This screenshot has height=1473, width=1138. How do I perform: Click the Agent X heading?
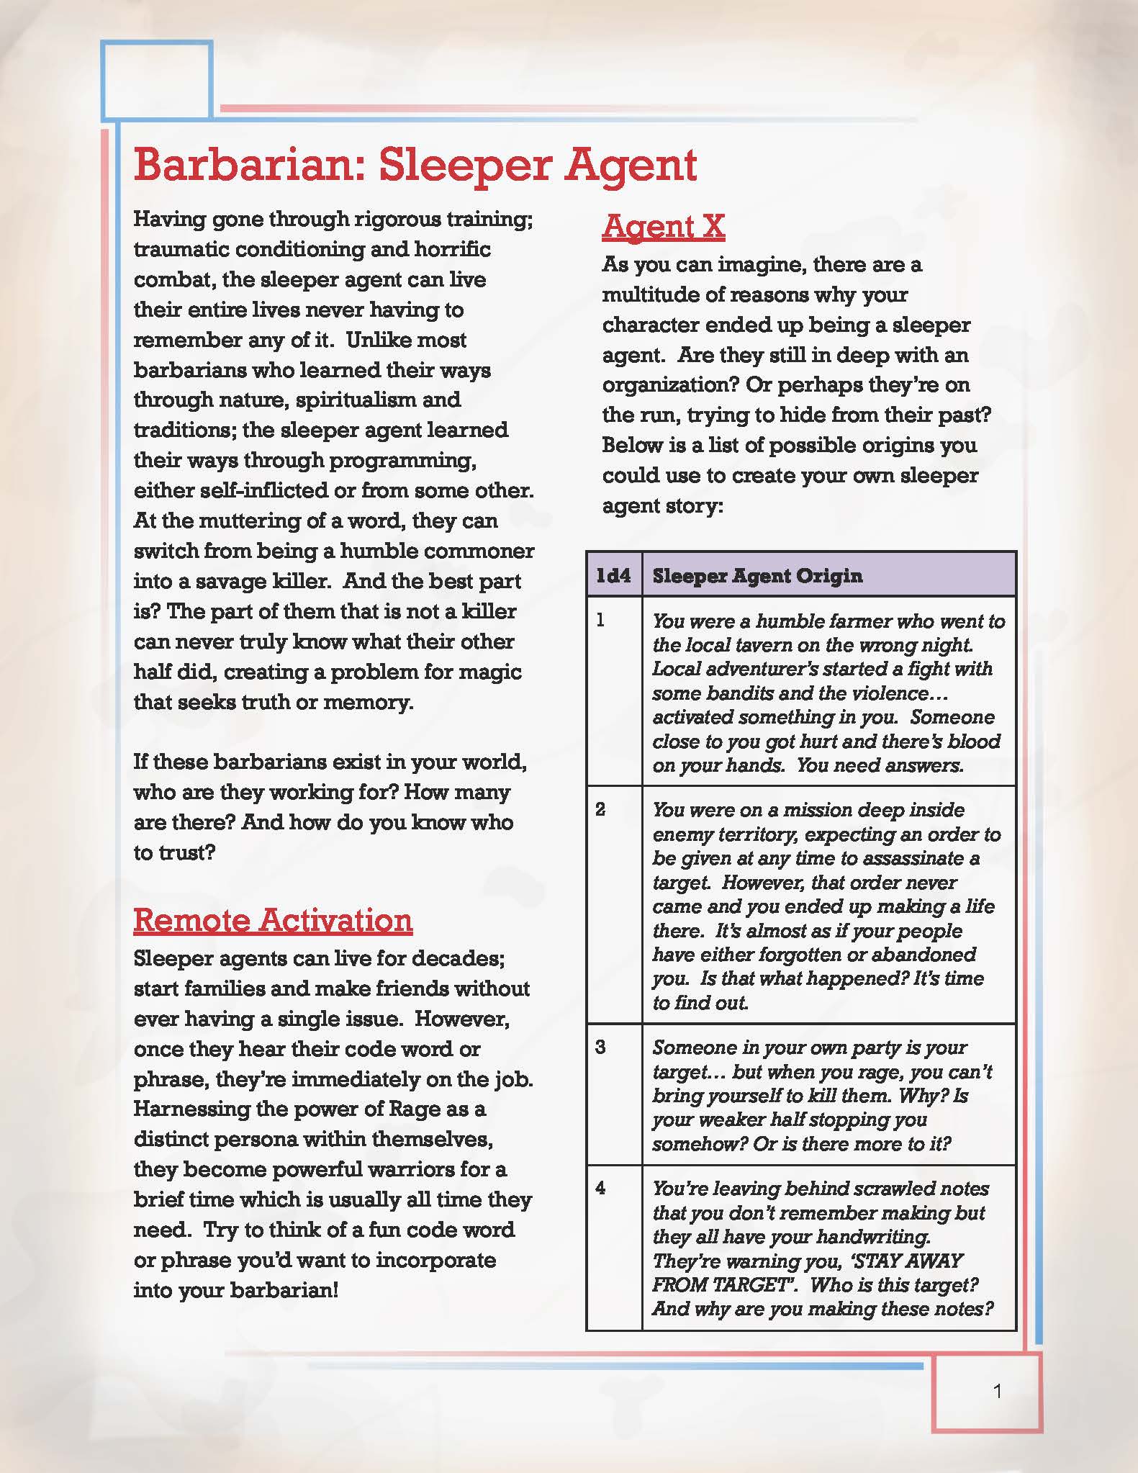pos(663,226)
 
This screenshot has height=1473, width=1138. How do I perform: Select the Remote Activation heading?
pos(273,920)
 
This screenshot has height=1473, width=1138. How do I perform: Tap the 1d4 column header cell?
pos(614,575)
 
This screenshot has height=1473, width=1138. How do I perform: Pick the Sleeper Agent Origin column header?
pos(757,575)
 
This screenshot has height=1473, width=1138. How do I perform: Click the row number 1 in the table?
pos(601,621)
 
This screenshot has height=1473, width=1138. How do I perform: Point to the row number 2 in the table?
pos(601,809)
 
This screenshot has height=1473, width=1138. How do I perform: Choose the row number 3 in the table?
pos(601,1047)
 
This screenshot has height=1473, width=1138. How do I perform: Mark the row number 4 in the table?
pos(601,1188)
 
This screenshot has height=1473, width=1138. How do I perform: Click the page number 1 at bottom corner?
pos(997,1392)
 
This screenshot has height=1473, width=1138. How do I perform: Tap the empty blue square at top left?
pos(156,79)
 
